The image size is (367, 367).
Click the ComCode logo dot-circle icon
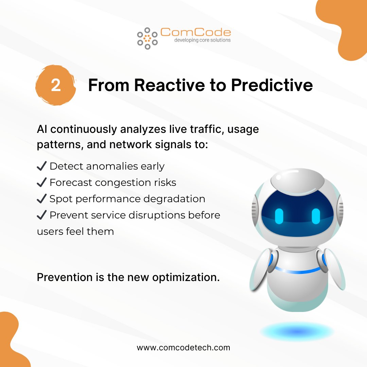147,38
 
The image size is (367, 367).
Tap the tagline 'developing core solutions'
203,40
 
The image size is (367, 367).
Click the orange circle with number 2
56,85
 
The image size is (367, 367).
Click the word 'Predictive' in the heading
272,85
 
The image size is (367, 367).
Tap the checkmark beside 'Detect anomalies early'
42,166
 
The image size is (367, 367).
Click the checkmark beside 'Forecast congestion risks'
42,182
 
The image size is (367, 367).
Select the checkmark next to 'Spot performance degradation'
42,199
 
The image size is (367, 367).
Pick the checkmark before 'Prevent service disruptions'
42,215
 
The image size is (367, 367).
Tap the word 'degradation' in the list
174,199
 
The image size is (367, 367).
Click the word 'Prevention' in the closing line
65,277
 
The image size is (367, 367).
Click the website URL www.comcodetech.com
183,348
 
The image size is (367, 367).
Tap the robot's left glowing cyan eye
279,216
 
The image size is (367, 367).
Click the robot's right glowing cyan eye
316,216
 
